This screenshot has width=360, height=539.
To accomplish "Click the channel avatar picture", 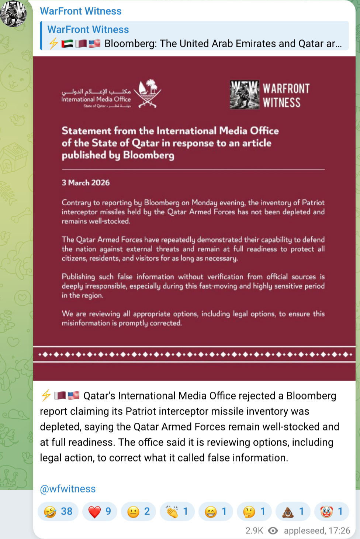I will point(13,13).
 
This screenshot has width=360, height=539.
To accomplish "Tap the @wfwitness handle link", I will point(68,489).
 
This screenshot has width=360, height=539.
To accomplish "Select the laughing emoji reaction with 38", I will point(58,511).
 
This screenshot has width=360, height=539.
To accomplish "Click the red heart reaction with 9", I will point(100,511).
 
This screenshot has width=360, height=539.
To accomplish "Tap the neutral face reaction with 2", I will point(138,511).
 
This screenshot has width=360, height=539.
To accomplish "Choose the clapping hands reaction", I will point(177,511).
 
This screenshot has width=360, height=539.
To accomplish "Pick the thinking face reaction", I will point(254,511).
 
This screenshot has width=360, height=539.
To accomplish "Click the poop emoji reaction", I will point(293,511).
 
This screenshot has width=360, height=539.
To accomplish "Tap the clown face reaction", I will point(332,511).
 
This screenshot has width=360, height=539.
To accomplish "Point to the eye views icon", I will point(273,531).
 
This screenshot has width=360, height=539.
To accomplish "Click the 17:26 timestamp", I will point(339,531).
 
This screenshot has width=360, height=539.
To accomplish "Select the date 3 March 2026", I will point(86,183).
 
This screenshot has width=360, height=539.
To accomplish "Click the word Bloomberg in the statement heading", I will point(149,155).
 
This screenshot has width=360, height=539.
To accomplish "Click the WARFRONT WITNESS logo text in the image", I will point(286,95).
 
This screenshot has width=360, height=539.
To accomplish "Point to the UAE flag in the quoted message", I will point(67,44).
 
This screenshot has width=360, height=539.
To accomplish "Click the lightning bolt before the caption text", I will point(46,395).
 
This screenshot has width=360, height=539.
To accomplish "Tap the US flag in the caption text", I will point(74,395).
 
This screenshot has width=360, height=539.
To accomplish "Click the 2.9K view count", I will point(254,531).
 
